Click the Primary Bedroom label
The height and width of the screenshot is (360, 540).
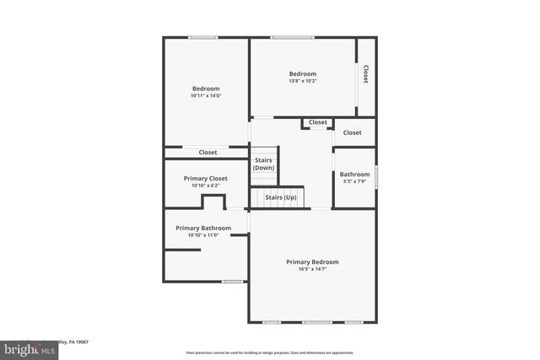tap(312, 261)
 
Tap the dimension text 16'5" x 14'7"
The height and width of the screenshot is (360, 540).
tap(312, 269)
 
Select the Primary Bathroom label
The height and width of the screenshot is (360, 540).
tap(197, 228)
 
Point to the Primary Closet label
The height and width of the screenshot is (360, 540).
tap(206, 178)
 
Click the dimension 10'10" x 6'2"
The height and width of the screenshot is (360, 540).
tap(206, 185)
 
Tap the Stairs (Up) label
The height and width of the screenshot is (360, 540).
tap(281, 197)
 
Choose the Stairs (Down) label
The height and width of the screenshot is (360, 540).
tap(263, 164)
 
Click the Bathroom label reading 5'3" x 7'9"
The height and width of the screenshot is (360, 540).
tap(354, 175)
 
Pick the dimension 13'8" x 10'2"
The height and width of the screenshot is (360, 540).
tap(302, 82)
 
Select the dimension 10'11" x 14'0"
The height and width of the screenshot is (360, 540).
tap(206, 96)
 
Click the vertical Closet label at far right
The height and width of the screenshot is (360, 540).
tap(366, 76)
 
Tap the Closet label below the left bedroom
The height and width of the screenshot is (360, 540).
tap(208, 153)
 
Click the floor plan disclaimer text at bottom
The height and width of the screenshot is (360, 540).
tap(269, 352)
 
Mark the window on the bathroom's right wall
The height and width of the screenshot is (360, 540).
tap(376, 176)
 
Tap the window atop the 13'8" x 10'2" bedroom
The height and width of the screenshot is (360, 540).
tap(292, 37)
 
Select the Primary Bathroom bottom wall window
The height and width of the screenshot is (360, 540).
tap(232, 282)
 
